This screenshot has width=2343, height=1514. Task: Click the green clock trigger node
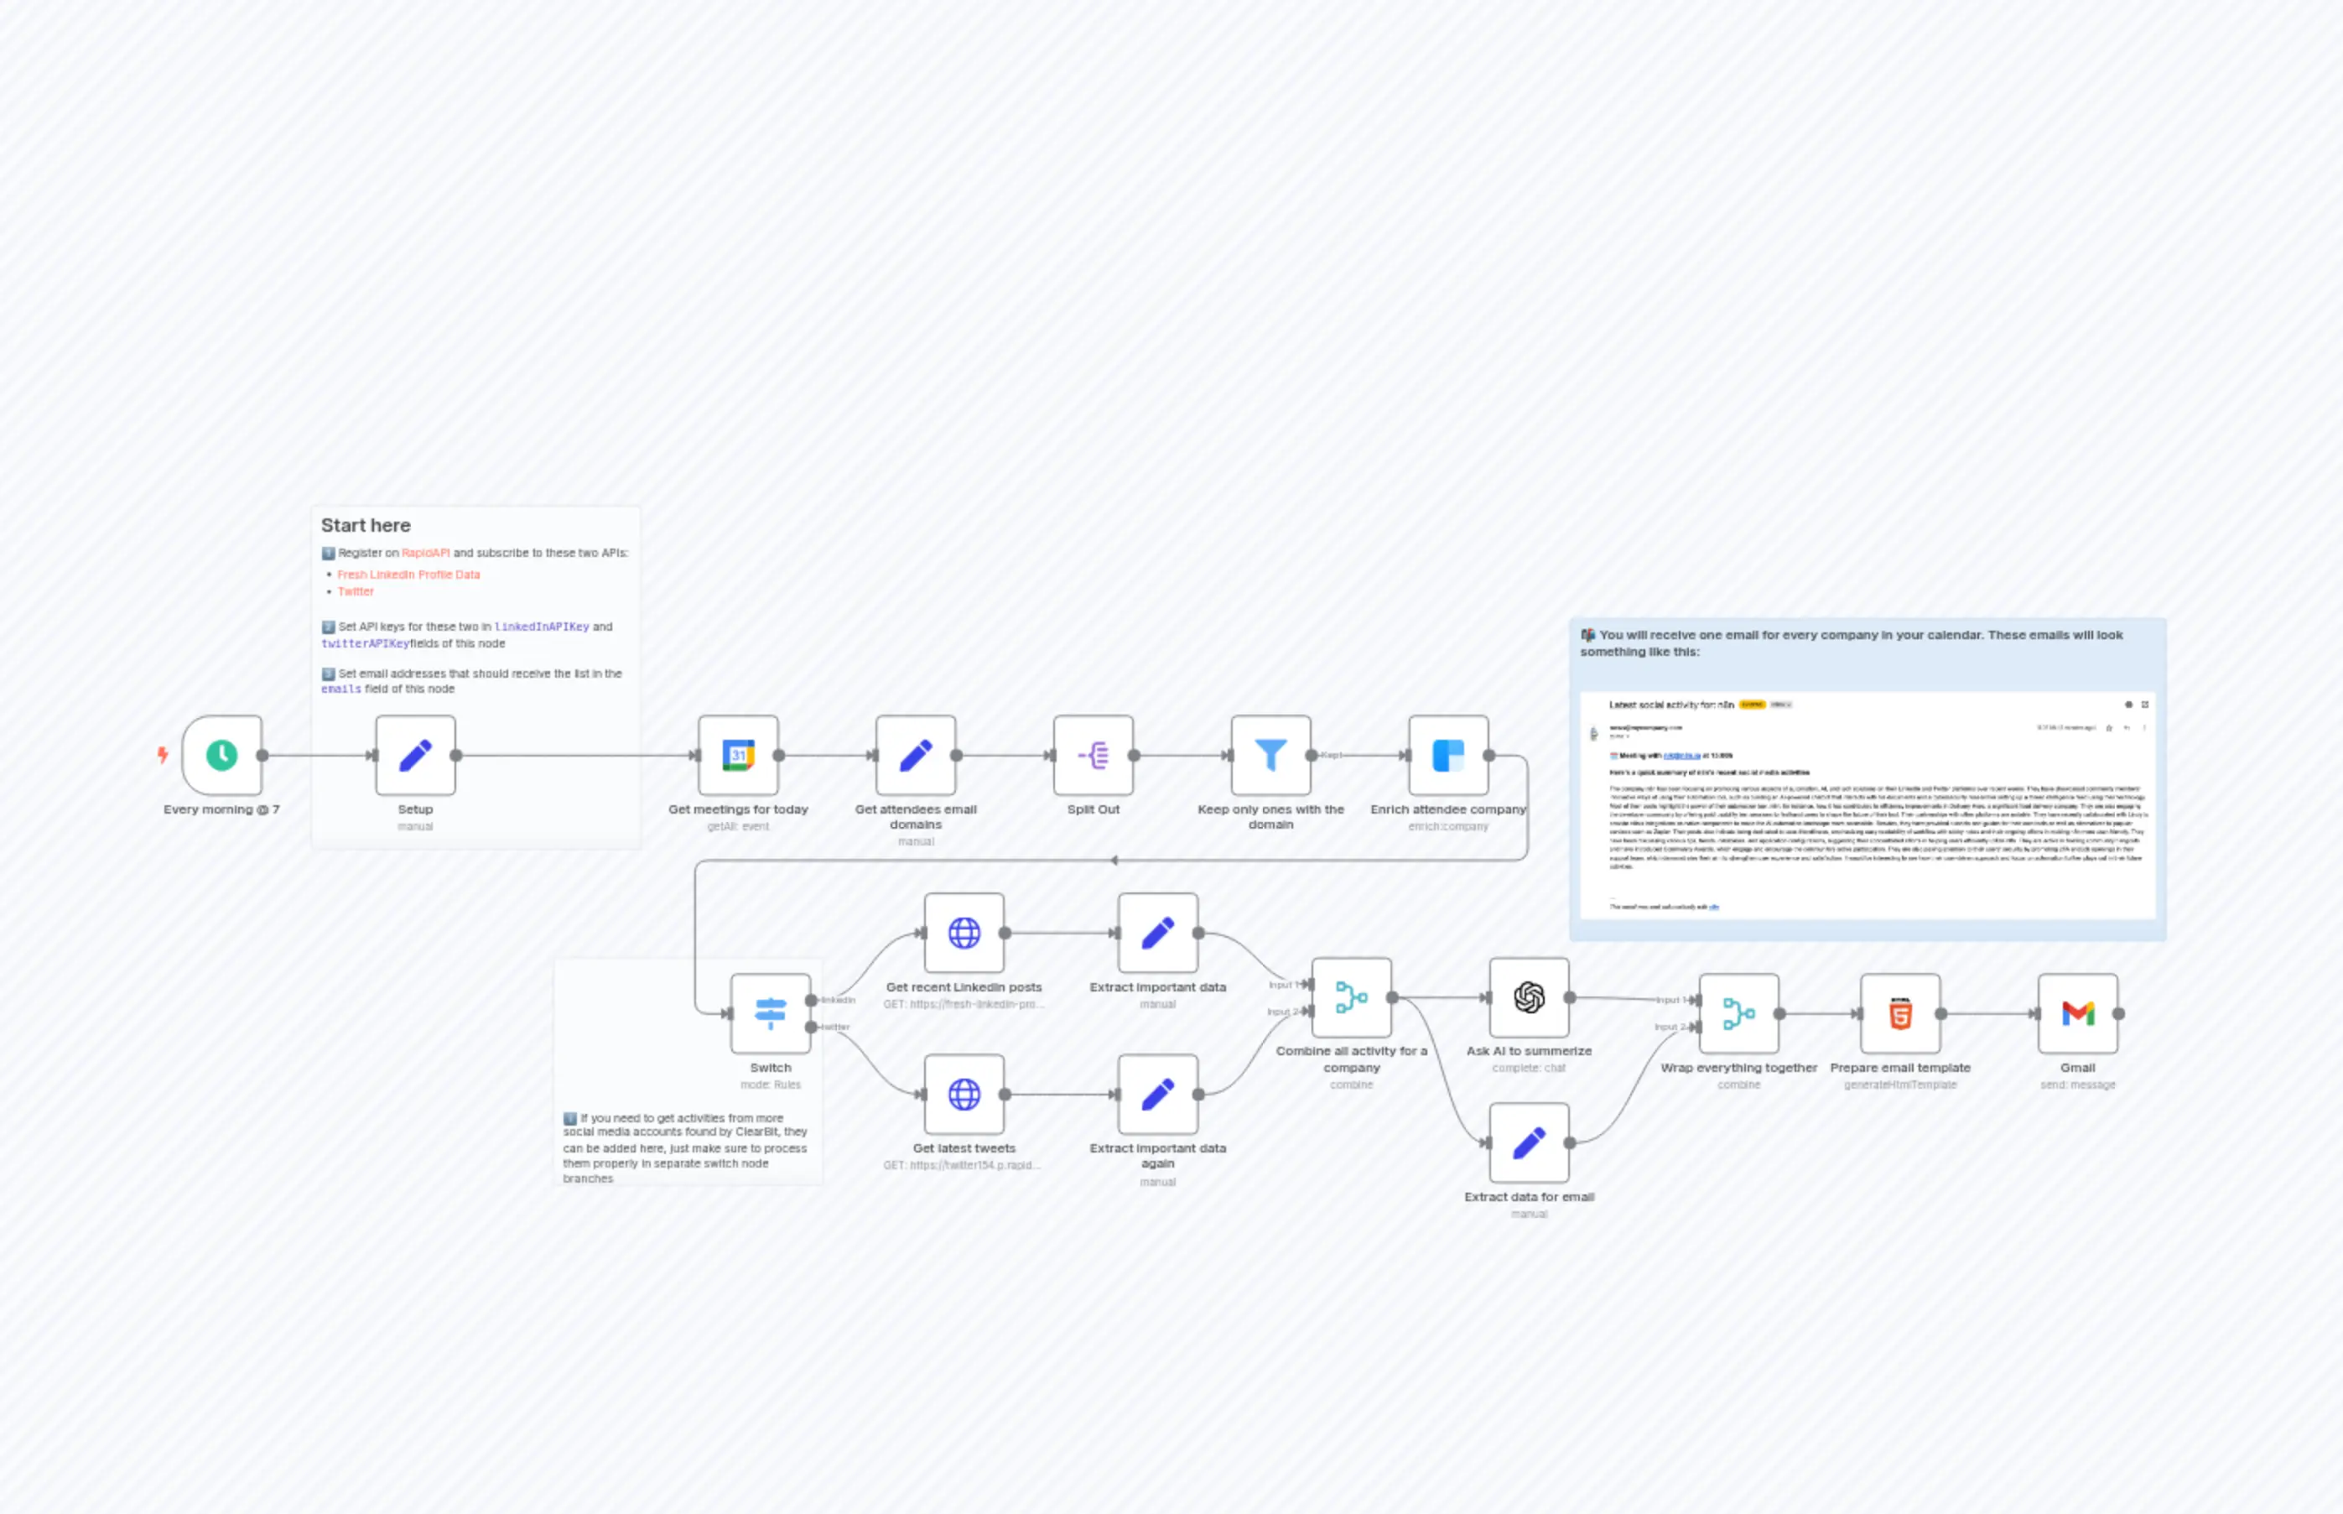[222, 755]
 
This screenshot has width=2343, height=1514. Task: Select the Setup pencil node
[415, 755]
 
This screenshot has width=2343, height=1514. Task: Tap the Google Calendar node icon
[738, 755]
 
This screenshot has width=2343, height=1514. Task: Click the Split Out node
[1093, 755]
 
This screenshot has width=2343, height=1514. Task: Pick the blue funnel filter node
[1270, 755]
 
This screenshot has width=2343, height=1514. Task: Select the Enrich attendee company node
[1447, 755]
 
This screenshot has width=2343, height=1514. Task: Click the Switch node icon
[771, 1012]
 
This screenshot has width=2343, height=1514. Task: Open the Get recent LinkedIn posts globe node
[964, 932]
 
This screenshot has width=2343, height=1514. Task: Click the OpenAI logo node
[1530, 996]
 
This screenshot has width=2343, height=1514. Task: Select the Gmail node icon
[2078, 1012]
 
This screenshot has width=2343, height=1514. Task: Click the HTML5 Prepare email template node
[1899, 1012]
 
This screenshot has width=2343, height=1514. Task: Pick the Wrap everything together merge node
[1738, 1012]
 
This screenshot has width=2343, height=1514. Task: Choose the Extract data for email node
[1530, 1142]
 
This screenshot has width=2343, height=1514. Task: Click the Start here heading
[366, 525]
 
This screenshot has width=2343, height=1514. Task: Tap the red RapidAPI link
[425, 553]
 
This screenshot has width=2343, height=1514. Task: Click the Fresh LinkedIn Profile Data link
[409, 574]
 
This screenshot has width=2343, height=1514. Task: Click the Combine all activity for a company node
[1351, 996]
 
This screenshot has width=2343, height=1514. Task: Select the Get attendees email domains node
[916, 755]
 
